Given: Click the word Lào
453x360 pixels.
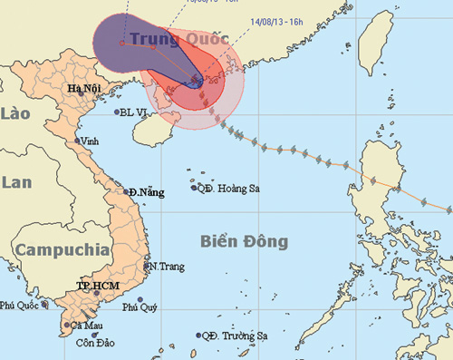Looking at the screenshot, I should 16,112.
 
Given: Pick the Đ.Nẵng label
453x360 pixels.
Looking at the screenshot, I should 146,193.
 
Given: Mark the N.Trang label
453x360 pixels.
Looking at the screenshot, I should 167,266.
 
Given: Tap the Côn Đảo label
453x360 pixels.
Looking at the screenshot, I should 94,344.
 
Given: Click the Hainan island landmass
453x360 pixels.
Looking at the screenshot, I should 152,131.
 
